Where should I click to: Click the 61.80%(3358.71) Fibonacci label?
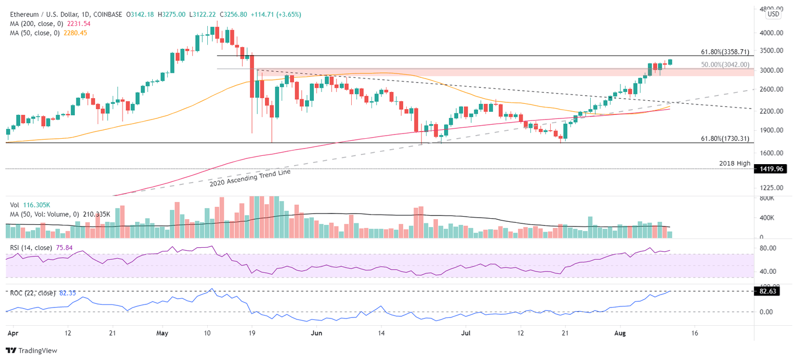[725, 52]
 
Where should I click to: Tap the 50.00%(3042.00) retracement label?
[725, 65]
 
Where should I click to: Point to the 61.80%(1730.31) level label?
[725, 139]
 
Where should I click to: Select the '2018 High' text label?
[735, 164]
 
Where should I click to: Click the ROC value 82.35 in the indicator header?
[65, 294]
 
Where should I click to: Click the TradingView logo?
[31, 351]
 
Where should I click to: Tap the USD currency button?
[773, 14]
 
